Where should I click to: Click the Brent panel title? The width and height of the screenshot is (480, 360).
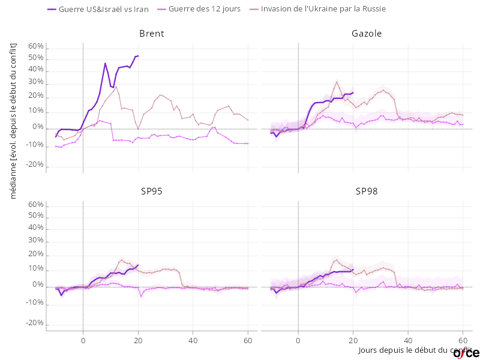click(x=151, y=34)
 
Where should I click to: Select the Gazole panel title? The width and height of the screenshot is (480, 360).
click(x=367, y=34)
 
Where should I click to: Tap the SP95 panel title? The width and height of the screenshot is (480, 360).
click(x=151, y=191)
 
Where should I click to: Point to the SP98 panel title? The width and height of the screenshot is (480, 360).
click(x=367, y=191)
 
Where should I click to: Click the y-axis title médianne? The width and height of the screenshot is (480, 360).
click(x=13, y=120)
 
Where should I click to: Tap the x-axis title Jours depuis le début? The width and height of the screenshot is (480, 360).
click(x=414, y=350)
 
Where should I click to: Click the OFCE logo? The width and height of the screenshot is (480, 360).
click(x=466, y=353)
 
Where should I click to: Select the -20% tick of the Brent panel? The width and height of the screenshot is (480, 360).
click(x=34, y=164)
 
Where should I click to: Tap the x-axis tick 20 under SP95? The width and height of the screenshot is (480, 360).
click(x=138, y=340)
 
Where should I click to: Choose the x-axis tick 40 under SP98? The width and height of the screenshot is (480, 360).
click(x=408, y=340)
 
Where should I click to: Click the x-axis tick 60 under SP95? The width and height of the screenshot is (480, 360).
click(x=248, y=340)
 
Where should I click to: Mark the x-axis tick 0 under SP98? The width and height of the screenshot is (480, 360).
click(x=298, y=340)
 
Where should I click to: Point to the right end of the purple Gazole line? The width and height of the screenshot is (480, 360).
click(x=353, y=92)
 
